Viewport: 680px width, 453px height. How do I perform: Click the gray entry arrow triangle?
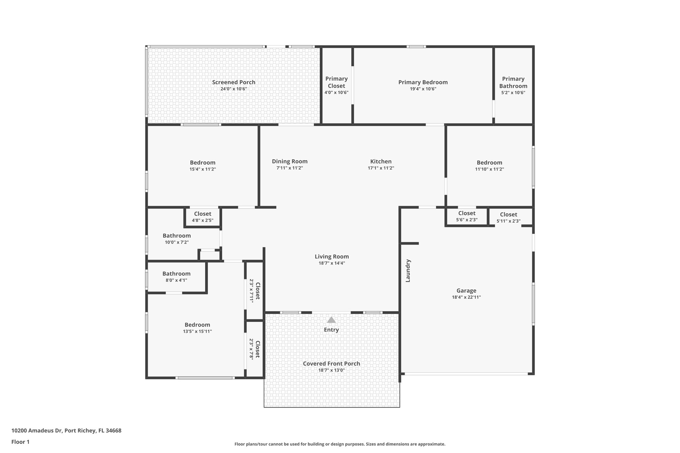point(331,320)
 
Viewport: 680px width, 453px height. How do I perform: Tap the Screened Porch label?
point(234,82)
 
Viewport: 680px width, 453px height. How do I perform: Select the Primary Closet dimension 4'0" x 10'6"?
point(336,93)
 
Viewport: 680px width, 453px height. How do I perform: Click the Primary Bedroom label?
point(423,82)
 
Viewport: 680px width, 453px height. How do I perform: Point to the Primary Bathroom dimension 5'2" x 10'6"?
point(513,93)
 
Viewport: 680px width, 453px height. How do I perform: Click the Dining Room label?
point(290,161)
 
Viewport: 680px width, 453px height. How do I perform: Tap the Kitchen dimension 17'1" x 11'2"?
point(381,168)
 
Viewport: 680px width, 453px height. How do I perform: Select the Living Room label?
point(332,257)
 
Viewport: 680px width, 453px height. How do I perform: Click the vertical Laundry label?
point(408,271)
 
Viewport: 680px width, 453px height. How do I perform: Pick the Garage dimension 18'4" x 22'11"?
point(466,297)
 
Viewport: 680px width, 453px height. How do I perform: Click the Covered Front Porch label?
point(331,364)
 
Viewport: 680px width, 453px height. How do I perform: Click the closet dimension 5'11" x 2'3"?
point(508,221)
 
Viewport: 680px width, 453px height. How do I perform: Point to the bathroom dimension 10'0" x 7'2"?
point(177,242)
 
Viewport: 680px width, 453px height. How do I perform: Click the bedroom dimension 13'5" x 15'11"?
point(197,331)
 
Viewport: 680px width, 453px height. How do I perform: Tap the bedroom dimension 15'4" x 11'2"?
point(203,169)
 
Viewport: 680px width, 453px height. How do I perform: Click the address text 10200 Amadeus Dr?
point(37,430)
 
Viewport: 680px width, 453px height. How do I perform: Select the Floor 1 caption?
point(20,442)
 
